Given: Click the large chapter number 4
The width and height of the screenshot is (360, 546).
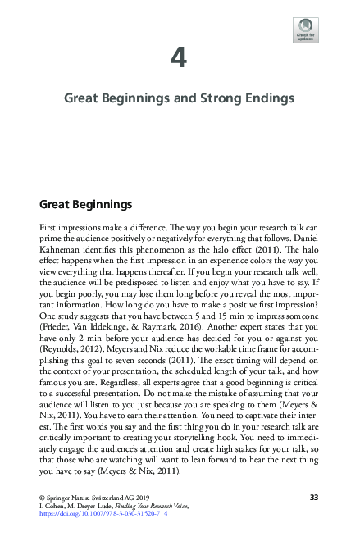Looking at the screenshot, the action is coord(180,58).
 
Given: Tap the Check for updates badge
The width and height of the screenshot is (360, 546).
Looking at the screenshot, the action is coord(305,30).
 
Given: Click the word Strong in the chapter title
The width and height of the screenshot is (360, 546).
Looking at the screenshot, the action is coord(212,98).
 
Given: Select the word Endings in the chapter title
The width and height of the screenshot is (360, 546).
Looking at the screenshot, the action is coord(268,98).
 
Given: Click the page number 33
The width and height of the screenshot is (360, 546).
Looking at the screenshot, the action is coord(313,498).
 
